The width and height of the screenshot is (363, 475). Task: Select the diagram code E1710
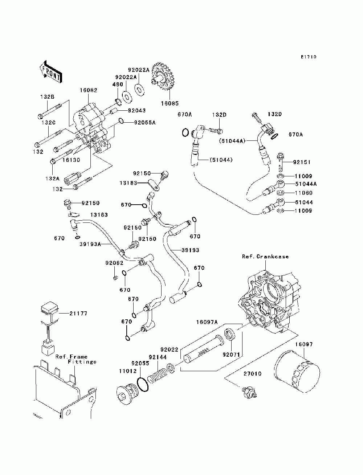tap(309, 57)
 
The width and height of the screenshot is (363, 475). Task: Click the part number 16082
tap(89, 90)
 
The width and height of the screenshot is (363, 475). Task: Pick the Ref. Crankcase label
tap(265, 257)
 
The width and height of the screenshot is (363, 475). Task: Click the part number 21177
tap(78, 314)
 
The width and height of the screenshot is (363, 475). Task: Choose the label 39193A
tap(90, 244)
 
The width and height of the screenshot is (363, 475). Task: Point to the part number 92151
tap(302, 162)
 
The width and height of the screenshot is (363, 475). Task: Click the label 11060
tap(303, 193)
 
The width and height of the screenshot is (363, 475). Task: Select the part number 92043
tap(136, 111)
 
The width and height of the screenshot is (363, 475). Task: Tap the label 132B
tap(47, 97)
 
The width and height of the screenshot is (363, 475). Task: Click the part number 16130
tap(71, 160)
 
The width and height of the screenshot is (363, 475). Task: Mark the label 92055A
tap(145, 123)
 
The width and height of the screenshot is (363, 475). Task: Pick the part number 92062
tap(114, 263)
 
